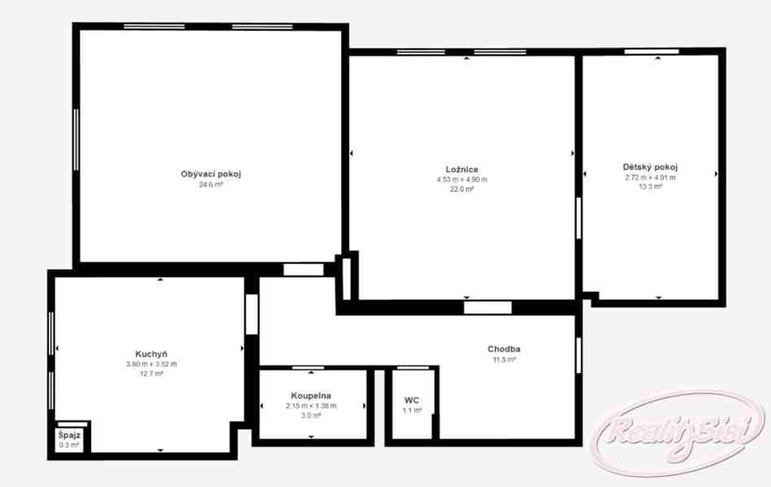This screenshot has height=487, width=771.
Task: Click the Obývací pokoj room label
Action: coord(211,174)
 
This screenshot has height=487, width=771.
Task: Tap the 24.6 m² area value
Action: coord(211,185)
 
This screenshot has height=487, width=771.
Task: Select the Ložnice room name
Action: coord(461,170)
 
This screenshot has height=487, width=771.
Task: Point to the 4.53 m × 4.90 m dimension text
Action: coord(461,179)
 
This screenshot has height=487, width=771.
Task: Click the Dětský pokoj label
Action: coord(650,167)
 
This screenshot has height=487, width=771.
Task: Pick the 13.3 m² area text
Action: coord(650,187)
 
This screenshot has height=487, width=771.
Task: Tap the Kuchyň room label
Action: coord(151,354)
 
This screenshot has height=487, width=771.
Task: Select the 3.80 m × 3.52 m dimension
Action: coord(151,364)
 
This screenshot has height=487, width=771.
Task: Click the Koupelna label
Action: coord(311,395)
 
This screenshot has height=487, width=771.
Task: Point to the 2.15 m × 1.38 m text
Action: coord(311,406)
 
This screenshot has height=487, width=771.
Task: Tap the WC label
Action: coord(412,400)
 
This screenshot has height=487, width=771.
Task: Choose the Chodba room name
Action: coord(504,349)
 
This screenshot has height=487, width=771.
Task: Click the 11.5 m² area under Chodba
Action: coord(504,360)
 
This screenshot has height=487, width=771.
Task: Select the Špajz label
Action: coord(69,435)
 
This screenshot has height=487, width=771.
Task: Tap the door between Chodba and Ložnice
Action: coord(487,308)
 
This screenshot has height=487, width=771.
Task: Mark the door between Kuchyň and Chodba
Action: coord(252,314)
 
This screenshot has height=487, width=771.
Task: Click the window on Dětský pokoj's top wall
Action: coord(652,52)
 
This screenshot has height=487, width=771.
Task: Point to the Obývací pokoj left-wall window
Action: coord(76,140)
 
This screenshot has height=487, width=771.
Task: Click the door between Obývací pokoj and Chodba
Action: coord(303,269)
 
